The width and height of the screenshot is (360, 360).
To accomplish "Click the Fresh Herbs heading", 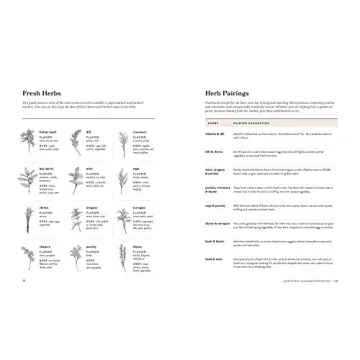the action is click(x=41, y=93).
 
